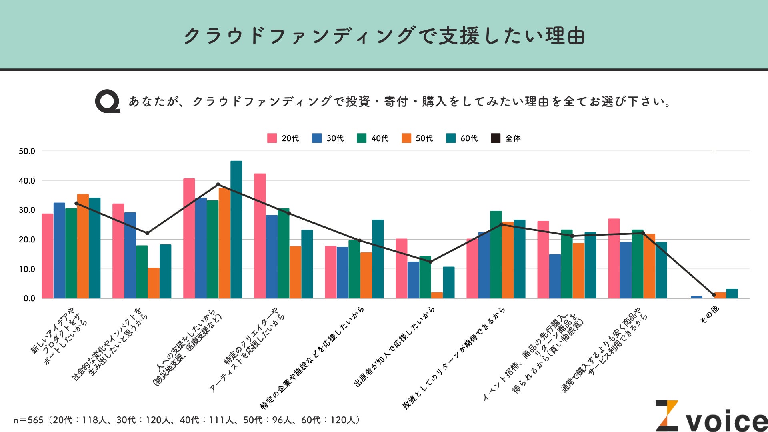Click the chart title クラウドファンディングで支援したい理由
(x=384, y=36)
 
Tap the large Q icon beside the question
(x=107, y=101)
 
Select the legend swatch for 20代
(x=272, y=138)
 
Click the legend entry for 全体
(x=506, y=138)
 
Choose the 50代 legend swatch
(x=406, y=138)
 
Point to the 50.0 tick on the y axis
(x=27, y=151)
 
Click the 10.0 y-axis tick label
(x=27, y=269)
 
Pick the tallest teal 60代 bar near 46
(x=236, y=230)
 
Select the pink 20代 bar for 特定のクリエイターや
(x=260, y=236)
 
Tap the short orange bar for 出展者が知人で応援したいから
(x=437, y=295)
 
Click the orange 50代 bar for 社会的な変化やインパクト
(x=154, y=283)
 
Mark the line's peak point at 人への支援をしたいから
(x=218, y=184)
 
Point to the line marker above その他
(x=714, y=295)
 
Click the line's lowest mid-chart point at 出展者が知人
(x=430, y=262)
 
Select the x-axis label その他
(x=709, y=314)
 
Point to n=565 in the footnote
(x=28, y=420)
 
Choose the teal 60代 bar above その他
(x=732, y=294)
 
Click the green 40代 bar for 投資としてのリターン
(x=496, y=254)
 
